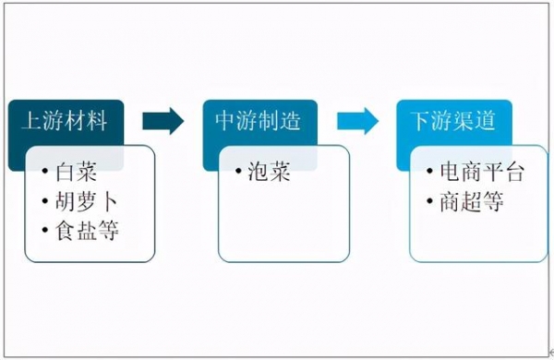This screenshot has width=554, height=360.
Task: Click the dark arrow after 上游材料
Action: tap(164, 121)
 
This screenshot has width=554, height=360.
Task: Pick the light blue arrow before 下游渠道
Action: tap(358, 121)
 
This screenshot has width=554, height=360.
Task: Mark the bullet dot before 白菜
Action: tap(46, 172)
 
